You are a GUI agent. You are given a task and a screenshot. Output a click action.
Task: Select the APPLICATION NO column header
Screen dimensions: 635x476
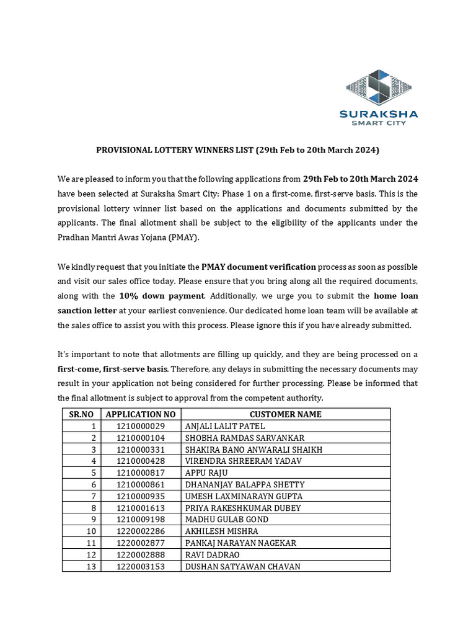point(141,414)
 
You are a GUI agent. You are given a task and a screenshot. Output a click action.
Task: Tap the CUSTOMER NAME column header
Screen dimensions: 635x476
point(285,414)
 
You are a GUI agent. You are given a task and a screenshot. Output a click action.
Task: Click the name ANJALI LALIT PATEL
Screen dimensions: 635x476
point(225,426)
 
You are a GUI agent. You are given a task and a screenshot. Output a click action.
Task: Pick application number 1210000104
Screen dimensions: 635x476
point(141,438)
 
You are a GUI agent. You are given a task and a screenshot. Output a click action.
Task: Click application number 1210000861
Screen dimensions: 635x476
point(141,484)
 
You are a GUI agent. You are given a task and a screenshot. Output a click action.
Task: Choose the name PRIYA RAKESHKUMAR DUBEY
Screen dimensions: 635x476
point(243,508)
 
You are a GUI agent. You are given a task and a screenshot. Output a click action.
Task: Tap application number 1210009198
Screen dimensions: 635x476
point(141,520)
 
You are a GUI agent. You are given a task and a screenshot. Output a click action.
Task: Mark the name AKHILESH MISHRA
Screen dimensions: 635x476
point(222,531)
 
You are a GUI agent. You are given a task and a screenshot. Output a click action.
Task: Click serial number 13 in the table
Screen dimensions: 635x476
point(91,566)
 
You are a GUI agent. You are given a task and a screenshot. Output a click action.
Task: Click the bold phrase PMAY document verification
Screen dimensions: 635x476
point(259,267)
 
